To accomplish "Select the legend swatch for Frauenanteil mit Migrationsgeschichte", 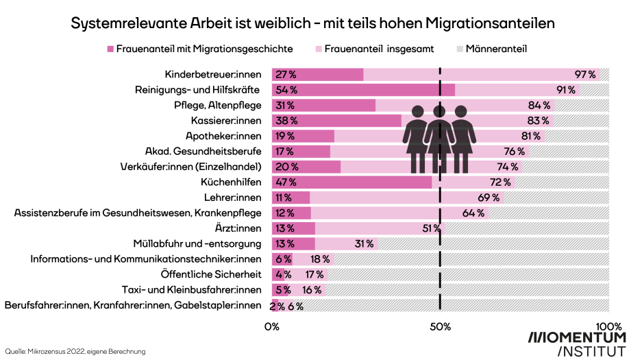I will click(x=110, y=49).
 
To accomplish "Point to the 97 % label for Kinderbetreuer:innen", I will click(x=584, y=75).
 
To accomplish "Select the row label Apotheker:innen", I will click(x=225, y=136).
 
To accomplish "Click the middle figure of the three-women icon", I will click(x=439, y=137).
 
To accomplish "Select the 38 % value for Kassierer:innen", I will click(x=285, y=121).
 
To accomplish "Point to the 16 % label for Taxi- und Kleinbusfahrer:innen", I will click(x=312, y=289).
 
